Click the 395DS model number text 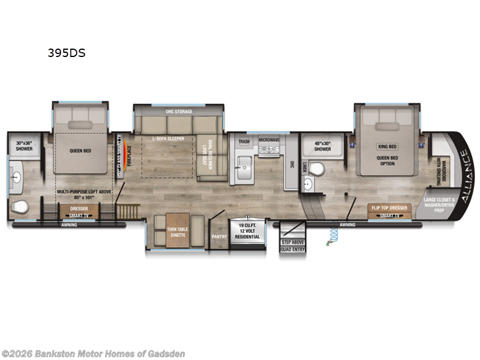point(67,53)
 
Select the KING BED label point(387,146)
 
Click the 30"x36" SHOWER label point(25,146)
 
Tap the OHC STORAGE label point(179,112)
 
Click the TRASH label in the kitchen point(244,142)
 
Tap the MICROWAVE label point(269,140)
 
